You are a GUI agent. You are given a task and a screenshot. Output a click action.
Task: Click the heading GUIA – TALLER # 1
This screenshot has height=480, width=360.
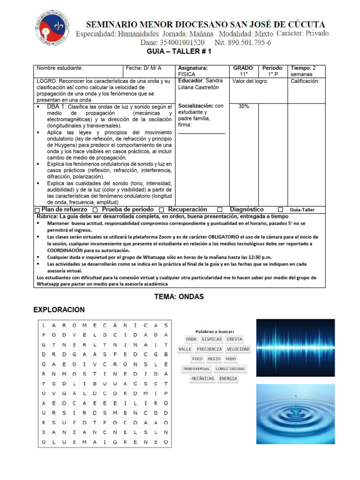tap(180, 52)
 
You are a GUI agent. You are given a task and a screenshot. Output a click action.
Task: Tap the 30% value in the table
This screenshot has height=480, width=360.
tap(244, 106)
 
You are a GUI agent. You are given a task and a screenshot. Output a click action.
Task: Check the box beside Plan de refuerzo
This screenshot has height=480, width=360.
tap(37, 210)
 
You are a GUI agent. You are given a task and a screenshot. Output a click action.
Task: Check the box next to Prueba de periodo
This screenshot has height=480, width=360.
tap(95, 210)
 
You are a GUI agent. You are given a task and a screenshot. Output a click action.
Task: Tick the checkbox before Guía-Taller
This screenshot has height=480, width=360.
tap(280, 210)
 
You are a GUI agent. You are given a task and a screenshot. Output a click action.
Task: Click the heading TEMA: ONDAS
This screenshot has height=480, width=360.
tap(180, 297)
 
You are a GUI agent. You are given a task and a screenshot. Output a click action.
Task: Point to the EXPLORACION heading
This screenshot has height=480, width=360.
tap(60, 310)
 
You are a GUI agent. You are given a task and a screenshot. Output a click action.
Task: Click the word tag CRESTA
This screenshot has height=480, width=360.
tap(234, 339)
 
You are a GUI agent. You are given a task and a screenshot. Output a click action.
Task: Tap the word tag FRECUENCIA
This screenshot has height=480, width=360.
tap(209, 349)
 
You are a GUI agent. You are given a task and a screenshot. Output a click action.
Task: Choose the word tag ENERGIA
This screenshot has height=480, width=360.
tap(228, 379)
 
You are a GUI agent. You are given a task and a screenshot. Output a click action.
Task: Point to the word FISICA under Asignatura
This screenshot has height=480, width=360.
tap(187, 74)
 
